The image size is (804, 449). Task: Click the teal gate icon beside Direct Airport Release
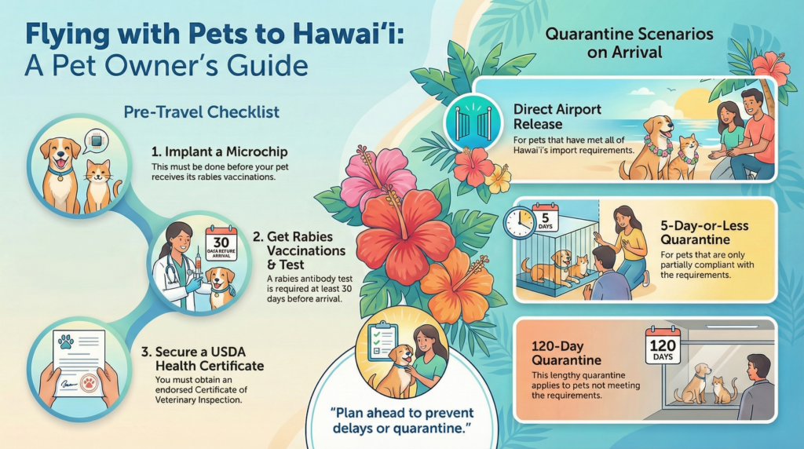pos(468,121)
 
